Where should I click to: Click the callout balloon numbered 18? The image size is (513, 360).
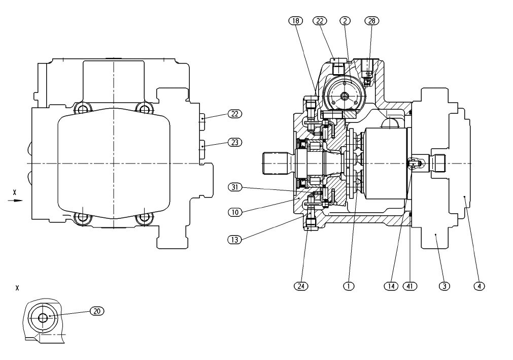tap(296, 21)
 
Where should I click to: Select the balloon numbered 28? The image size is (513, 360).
tap(371, 21)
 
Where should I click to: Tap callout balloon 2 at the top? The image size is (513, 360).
tap(345, 21)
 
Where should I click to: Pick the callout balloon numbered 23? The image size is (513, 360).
tap(235, 143)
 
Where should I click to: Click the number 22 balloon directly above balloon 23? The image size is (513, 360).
tap(235, 114)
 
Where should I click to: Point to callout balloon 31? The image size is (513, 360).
tap(235, 187)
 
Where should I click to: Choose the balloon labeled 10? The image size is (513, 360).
tap(235, 212)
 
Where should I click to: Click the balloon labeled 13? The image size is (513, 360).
tap(234, 240)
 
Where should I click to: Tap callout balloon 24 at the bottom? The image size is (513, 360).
tap(301, 286)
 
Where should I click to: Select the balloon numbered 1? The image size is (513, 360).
tap(349, 286)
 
